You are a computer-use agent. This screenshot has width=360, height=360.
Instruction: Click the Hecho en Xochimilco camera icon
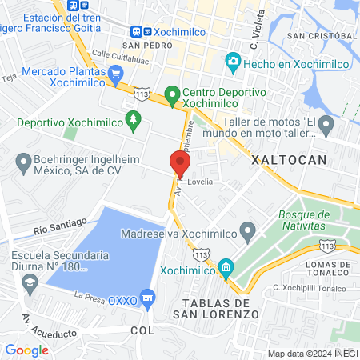[233, 60]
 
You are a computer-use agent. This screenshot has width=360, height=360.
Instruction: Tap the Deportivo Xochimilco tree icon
[134, 122]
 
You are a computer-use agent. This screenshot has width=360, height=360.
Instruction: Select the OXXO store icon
[147, 300]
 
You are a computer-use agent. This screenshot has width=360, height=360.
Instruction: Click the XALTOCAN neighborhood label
[289, 160]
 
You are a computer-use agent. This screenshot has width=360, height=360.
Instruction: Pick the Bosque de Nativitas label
[304, 221]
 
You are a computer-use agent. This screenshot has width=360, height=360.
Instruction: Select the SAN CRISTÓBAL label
[322, 36]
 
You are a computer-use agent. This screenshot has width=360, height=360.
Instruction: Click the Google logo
[26, 350]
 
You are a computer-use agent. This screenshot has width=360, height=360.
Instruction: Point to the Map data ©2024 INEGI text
[311, 354]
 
